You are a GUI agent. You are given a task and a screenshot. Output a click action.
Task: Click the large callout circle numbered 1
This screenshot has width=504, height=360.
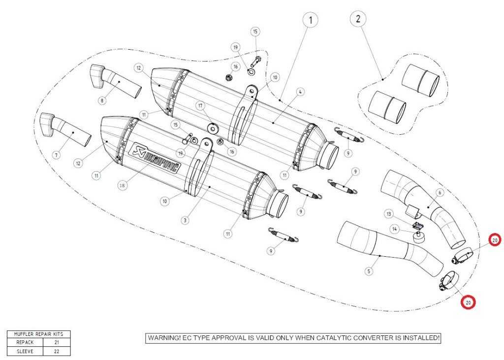click(310, 20)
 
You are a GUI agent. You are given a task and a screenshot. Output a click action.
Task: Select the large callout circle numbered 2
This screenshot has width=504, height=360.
click(358, 19)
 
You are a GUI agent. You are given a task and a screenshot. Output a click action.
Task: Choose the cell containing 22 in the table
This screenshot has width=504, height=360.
click(57, 351)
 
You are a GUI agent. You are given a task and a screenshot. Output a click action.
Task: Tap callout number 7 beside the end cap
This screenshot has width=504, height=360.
click(56, 155)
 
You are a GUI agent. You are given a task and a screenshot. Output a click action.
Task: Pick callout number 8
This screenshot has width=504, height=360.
click(102, 101)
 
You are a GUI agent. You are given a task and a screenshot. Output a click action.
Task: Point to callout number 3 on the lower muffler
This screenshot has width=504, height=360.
click(185, 220)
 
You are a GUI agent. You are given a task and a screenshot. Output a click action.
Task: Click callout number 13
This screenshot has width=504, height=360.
click(389, 214)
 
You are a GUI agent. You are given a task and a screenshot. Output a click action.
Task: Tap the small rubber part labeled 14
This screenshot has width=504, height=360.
click(418, 238)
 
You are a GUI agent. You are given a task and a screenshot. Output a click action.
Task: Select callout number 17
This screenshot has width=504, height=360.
click(200, 106)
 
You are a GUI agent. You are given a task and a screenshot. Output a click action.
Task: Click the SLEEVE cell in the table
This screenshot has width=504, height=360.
click(25, 351)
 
